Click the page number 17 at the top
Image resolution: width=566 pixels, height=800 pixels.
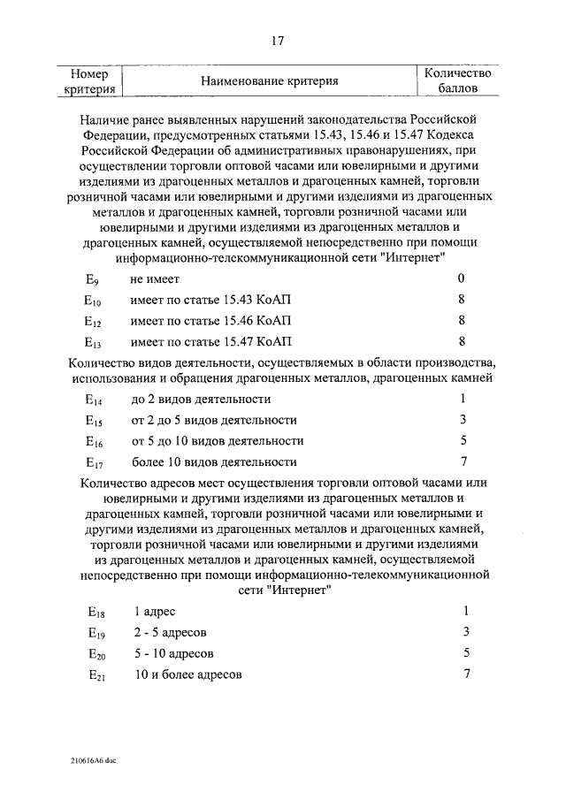pyautogui.click(x=277, y=39)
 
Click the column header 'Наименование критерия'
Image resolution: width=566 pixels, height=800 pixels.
pyautogui.click(x=270, y=81)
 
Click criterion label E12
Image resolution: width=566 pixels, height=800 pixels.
pyautogui.click(x=94, y=321)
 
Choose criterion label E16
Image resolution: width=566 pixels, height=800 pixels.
pyautogui.click(x=94, y=441)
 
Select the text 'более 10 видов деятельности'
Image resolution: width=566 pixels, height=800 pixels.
pyautogui.click(x=214, y=461)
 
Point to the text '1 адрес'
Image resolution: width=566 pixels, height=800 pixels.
pyautogui.click(x=156, y=612)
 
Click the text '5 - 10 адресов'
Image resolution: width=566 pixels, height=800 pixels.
pyautogui.click(x=174, y=654)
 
